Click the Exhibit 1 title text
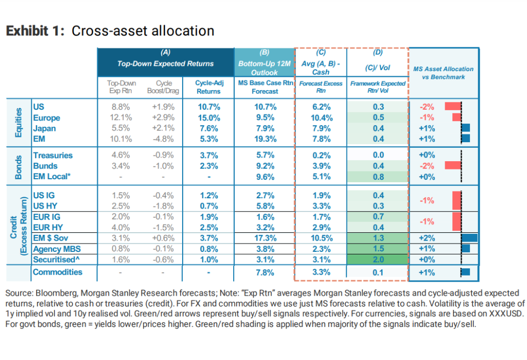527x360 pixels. [x=110, y=31]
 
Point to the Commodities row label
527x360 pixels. [x=57, y=272]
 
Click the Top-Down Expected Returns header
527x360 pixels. [x=165, y=64]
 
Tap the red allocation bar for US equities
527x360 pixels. [x=452, y=107]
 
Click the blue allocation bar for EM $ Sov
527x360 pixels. [x=469, y=237]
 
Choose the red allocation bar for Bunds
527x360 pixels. [x=452, y=166]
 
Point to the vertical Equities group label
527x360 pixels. [x=19, y=123]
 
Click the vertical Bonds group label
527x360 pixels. [x=19, y=166]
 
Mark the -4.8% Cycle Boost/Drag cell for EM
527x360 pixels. [x=164, y=139]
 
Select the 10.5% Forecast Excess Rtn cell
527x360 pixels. [x=321, y=237]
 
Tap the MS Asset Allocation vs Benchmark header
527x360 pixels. [x=444, y=73]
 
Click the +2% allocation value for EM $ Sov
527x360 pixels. [x=427, y=237]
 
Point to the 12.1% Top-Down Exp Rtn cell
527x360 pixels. [x=120, y=118]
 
